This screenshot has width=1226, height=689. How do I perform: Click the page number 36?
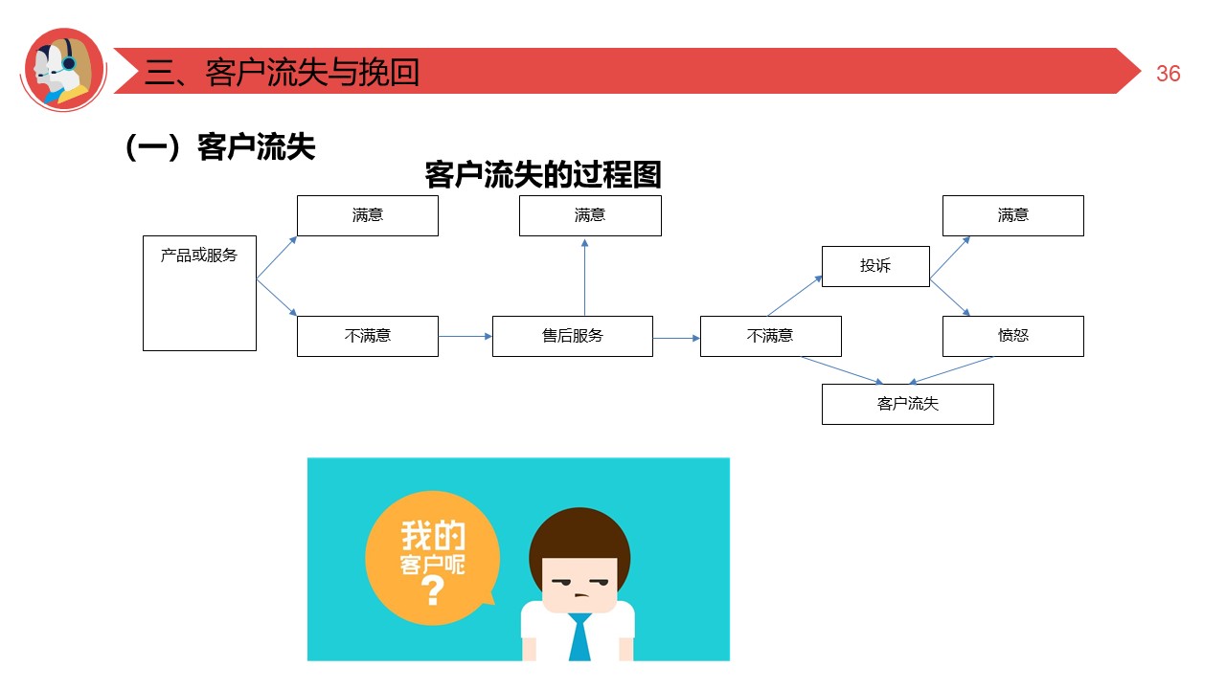point(1168,74)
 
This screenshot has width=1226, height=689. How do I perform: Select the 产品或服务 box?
point(199,293)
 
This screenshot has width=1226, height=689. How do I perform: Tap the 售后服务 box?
point(572,336)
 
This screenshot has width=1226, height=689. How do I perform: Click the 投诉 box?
point(875,266)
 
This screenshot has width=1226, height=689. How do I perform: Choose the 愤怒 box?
point(1012,336)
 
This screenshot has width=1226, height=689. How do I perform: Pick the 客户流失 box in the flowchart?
point(907,404)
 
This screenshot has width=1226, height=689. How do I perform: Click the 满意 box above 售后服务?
point(590,215)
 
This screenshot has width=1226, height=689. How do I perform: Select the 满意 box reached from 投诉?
point(1012,215)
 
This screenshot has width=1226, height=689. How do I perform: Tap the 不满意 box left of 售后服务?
point(367,336)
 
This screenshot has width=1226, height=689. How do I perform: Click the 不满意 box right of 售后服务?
point(770,336)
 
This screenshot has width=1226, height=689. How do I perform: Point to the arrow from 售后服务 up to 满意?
point(584,278)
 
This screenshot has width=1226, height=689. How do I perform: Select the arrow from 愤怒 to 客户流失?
point(950,370)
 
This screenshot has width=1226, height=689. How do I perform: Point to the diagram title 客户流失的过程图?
point(542,175)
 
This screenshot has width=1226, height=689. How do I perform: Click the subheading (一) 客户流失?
point(220,147)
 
